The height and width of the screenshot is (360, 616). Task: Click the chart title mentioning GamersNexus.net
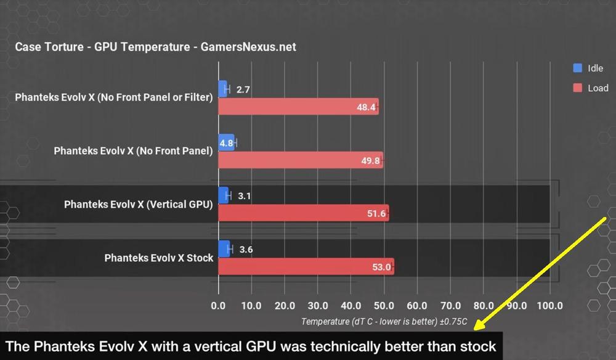click(155, 47)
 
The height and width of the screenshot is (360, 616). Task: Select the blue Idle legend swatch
click(577, 68)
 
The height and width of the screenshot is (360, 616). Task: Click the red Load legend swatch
click(577, 88)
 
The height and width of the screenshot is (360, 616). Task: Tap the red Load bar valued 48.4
click(298, 107)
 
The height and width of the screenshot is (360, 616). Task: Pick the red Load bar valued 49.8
click(301, 160)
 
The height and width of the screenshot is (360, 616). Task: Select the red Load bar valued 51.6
click(303, 213)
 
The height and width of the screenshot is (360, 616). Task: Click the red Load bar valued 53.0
click(306, 267)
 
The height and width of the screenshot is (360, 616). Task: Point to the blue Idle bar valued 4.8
click(226, 142)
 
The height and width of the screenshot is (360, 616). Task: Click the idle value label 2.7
click(243, 90)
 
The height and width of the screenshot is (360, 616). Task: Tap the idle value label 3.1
click(244, 196)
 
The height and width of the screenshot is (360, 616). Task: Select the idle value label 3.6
click(245, 250)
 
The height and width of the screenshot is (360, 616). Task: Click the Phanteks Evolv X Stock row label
click(158, 258)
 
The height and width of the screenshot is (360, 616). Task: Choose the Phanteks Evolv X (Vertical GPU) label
click(138, 205)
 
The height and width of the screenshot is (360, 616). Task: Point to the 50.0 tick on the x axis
click(384, 305)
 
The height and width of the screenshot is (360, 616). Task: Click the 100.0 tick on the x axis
click(549, 305)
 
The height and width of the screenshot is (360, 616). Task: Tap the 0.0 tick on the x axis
click(218, 305)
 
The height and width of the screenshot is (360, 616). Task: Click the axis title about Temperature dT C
click(384, 321)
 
